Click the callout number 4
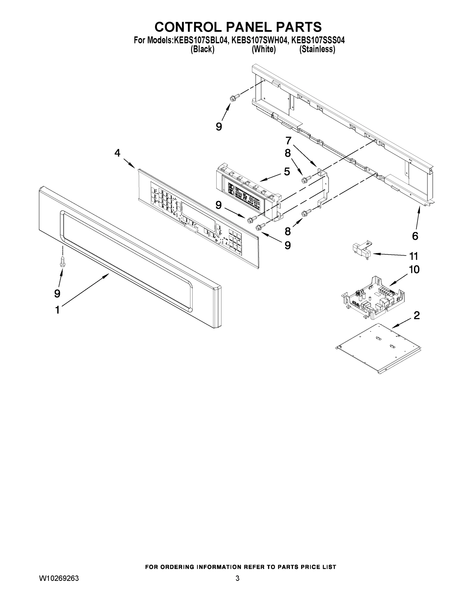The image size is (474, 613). tap(117, 153)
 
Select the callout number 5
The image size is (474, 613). tap(287, 171)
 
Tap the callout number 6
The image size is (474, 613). tap(415, 236)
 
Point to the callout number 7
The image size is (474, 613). tap(288, 140)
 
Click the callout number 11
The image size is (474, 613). tap(414, 256)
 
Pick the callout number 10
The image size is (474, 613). tap(414, 269)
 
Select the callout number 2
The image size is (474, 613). tap(417, 315)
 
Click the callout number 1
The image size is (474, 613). tap(57, 310)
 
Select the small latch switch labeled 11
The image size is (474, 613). tap(362, 249)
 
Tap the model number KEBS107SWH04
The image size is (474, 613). tap(260, 40)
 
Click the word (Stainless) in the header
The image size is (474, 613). tap(317, 49)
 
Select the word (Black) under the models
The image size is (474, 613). tap(202, 49)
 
